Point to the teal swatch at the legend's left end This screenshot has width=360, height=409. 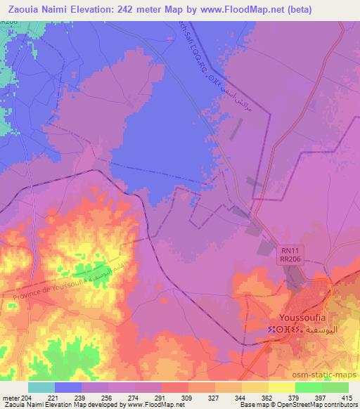point(41,387)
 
